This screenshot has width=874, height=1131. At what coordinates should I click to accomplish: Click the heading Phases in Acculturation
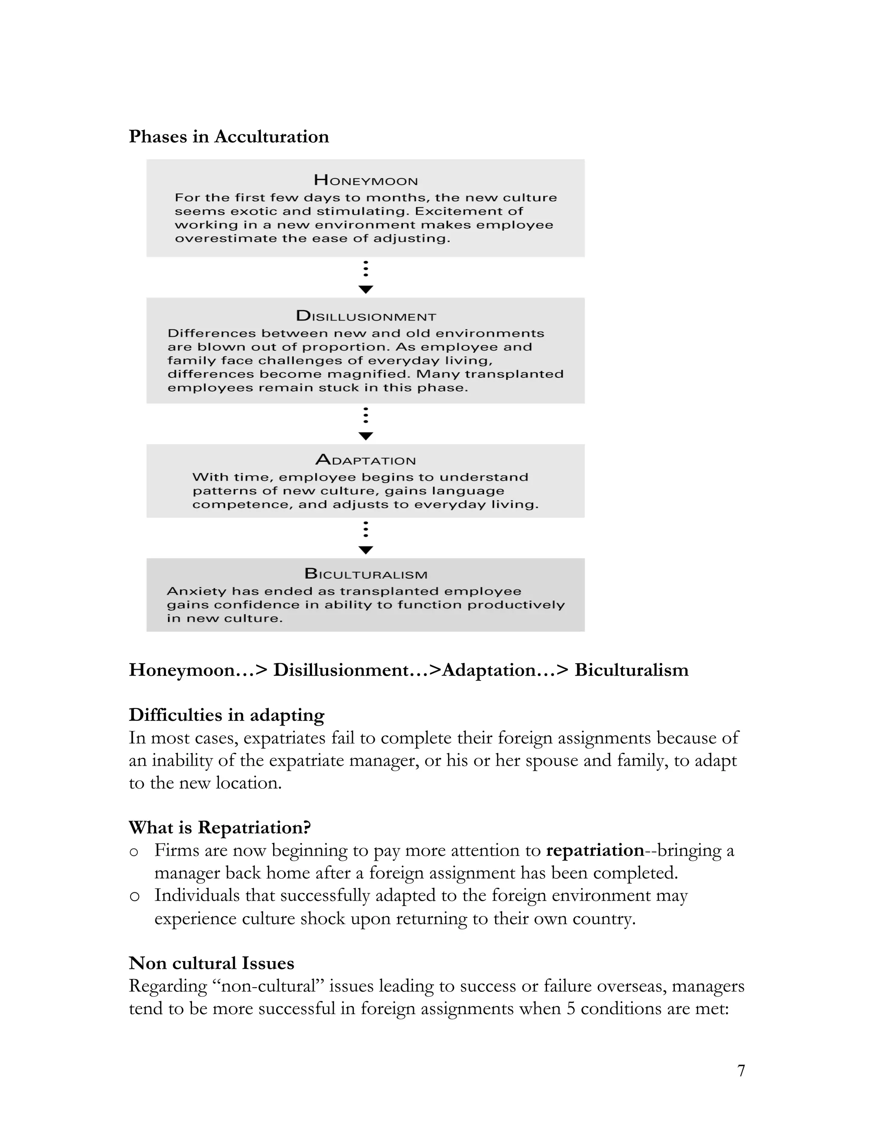tap(228, 137)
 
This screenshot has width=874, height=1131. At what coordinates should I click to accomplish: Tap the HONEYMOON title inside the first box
tap(366, 181)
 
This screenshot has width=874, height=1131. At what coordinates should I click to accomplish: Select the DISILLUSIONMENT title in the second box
tap(366, 316)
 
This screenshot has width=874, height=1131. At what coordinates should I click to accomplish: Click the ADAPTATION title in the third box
tap(366, 460)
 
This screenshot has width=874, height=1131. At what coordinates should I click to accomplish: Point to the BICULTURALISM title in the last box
tap(366, 574)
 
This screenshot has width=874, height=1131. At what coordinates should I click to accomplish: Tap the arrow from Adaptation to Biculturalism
tap(366, 539)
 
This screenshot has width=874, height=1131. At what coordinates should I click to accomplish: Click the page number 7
tap(741, 1070)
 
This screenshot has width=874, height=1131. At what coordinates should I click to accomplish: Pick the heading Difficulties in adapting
tap(226, 715)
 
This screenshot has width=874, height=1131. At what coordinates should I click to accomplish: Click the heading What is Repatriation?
tap(219, 828)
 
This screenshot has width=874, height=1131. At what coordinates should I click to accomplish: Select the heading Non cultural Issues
tap(211, 963)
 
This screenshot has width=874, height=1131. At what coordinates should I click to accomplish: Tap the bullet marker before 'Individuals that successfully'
tap(134, 896)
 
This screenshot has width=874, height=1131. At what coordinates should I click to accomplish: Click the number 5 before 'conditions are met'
tap(571, 1008)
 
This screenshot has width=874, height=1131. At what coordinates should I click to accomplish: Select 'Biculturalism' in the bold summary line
tap(631, 670)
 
